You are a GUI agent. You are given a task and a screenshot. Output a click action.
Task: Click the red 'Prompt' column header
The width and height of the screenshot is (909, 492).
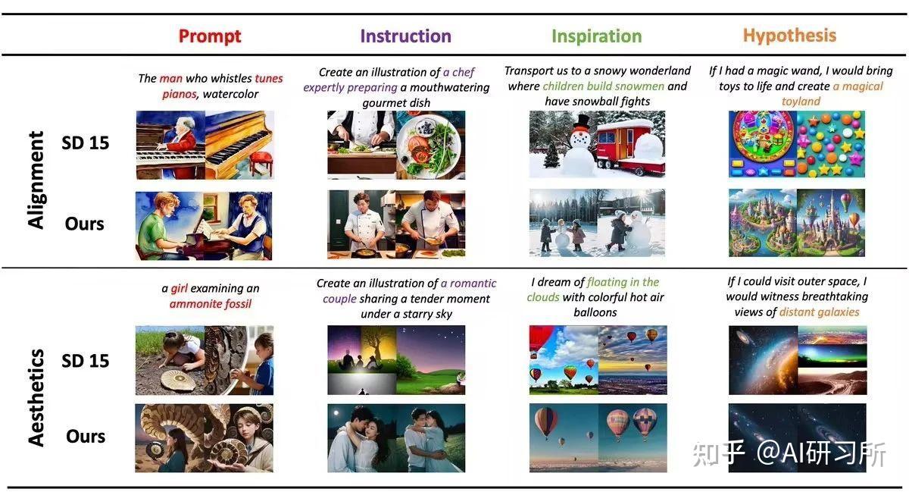coord(210,36)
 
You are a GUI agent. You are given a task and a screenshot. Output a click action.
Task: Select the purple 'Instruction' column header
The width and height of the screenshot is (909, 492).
coord(405,36)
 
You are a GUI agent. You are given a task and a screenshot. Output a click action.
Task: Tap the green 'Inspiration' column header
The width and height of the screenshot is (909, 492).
coord(597,36)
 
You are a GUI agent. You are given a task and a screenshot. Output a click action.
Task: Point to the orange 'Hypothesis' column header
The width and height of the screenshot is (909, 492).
coord(789,36)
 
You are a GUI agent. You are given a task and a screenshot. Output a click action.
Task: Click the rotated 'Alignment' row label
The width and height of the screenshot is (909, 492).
coord(36,180)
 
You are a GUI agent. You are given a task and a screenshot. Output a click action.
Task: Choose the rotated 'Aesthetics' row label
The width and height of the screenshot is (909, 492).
coord(36,398)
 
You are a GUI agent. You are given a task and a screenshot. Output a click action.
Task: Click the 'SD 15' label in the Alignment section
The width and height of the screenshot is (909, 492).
coord(85,143)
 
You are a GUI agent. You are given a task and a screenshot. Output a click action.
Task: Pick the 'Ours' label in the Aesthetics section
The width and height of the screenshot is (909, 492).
coord(86,437)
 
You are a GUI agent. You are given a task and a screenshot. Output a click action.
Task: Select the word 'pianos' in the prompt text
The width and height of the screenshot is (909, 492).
coord(179,94)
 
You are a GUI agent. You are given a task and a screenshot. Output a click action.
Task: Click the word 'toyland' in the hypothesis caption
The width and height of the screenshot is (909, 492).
coord(801,101)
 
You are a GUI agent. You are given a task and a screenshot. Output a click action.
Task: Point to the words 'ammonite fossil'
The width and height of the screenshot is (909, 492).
coord(211,303)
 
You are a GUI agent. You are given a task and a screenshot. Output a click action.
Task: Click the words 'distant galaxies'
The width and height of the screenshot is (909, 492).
coord(820,312)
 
